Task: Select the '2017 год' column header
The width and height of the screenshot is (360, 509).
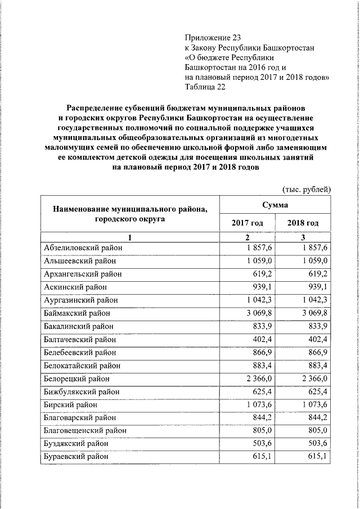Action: click(247, 223)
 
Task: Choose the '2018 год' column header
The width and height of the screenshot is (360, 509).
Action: click(303, 223)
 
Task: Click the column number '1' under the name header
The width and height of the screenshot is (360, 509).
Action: click(129, 237)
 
